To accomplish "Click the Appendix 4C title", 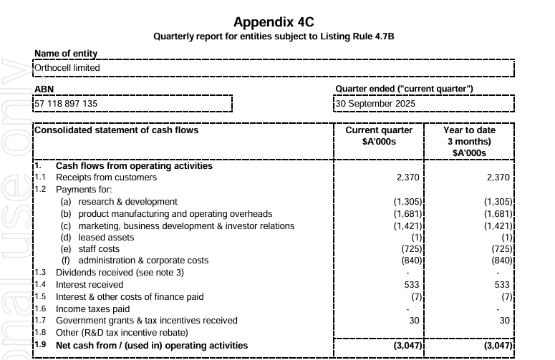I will coord(274,22).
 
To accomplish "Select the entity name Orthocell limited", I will coord(67,68).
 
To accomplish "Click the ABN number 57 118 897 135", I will coord(66,103).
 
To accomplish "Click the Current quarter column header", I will coord(379,136).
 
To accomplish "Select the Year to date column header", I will coord(469,141).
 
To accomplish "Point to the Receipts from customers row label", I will coord(106,177).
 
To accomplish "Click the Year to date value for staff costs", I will coord(502,249).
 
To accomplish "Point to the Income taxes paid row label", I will coord(92,309).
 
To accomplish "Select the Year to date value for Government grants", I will coord(506,321).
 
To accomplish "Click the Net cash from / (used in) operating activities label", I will coord(152,345).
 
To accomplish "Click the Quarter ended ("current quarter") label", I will coord(404,89).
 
